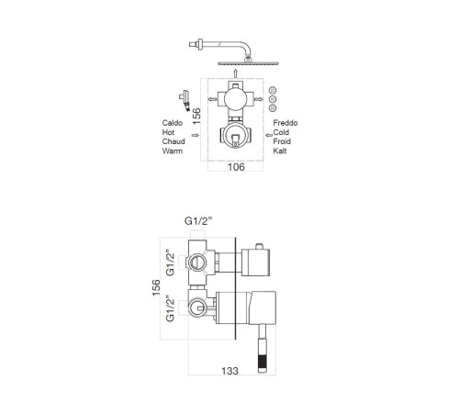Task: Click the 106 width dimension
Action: point(236,167)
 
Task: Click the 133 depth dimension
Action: point(229,371)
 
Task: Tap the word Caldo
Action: point(173,123)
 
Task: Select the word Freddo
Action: point(285,123)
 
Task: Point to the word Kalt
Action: point(280,151)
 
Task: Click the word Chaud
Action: point(174,141)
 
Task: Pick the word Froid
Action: point(282,141)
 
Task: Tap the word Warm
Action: point(173,151)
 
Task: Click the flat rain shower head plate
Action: point(248,63)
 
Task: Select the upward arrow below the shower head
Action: point(235,73)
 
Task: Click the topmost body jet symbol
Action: point(273,90)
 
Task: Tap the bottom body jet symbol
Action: point(273,108)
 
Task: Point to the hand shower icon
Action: point(185,100)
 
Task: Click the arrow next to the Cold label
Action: point(269,135)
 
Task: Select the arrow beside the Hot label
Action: point(195,135)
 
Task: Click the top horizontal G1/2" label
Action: point(198,221)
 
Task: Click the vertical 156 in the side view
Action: point(156,287)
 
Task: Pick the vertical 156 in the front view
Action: point(196,117)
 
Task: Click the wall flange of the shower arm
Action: point(200,44)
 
